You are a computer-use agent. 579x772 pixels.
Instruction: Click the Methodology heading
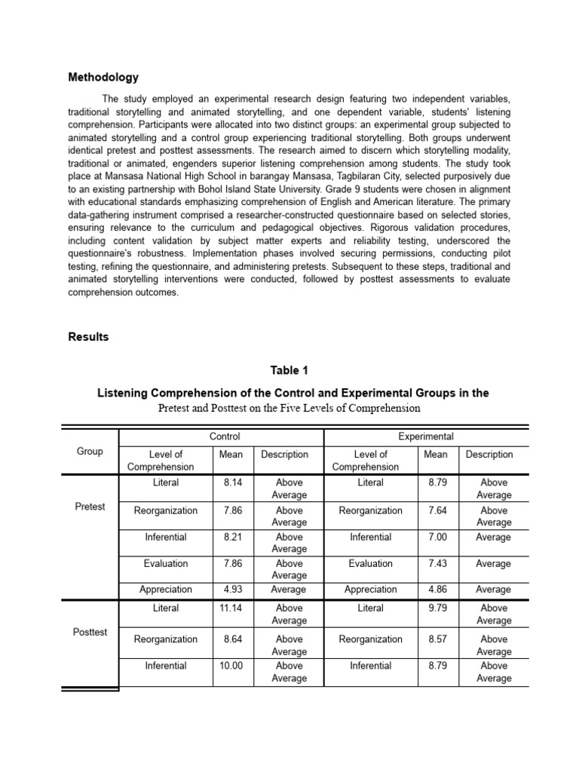(x=103, y=77)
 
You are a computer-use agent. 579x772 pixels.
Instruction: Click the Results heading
(x=88, y=337)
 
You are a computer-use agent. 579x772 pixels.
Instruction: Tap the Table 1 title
(x=289, y=370)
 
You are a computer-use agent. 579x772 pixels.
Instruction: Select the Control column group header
(x=225, y=436)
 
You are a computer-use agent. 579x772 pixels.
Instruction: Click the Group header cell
(x=90, y=452)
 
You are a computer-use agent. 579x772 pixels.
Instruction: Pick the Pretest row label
(x=90, y=507)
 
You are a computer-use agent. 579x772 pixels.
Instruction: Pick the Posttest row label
(x=90, y=632)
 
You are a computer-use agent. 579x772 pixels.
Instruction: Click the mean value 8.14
(x=232, y=482)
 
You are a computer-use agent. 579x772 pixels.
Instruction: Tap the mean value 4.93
(x=232, y=590)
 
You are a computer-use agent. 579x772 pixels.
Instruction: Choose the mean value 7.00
(x=436, y=538)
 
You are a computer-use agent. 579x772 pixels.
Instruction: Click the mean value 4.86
(x=436, y=590)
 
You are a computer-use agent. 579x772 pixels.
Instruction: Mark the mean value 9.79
(x=436, y=608)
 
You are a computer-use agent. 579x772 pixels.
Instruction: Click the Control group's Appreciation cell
(x=166, y=590)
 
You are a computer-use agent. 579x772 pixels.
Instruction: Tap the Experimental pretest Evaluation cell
(x=370, y=563)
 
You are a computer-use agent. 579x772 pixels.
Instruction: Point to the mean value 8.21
(x=232, y=538)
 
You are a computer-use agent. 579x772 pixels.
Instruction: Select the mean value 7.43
(x=436, y=563)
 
